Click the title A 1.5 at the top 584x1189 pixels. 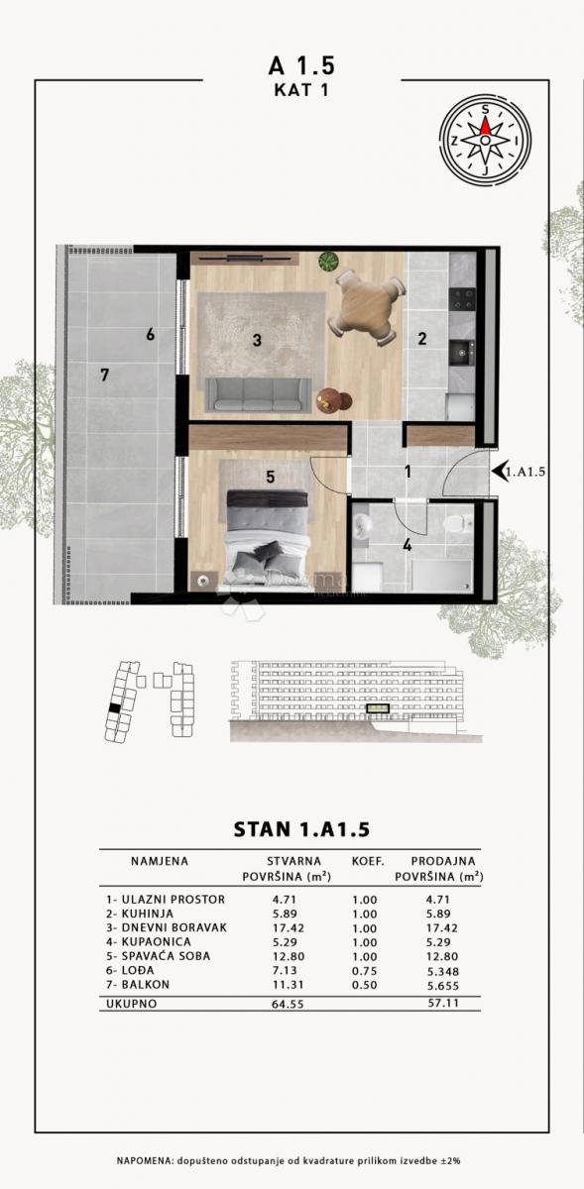pos(301,65)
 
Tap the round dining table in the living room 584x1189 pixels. pos(369,308)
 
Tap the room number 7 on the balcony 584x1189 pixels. pos(103,375)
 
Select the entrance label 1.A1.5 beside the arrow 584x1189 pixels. pos(527,472)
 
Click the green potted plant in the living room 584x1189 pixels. pos(328,263)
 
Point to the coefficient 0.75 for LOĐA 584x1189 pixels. pos(368,972)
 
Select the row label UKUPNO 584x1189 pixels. pos(133,1004)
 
